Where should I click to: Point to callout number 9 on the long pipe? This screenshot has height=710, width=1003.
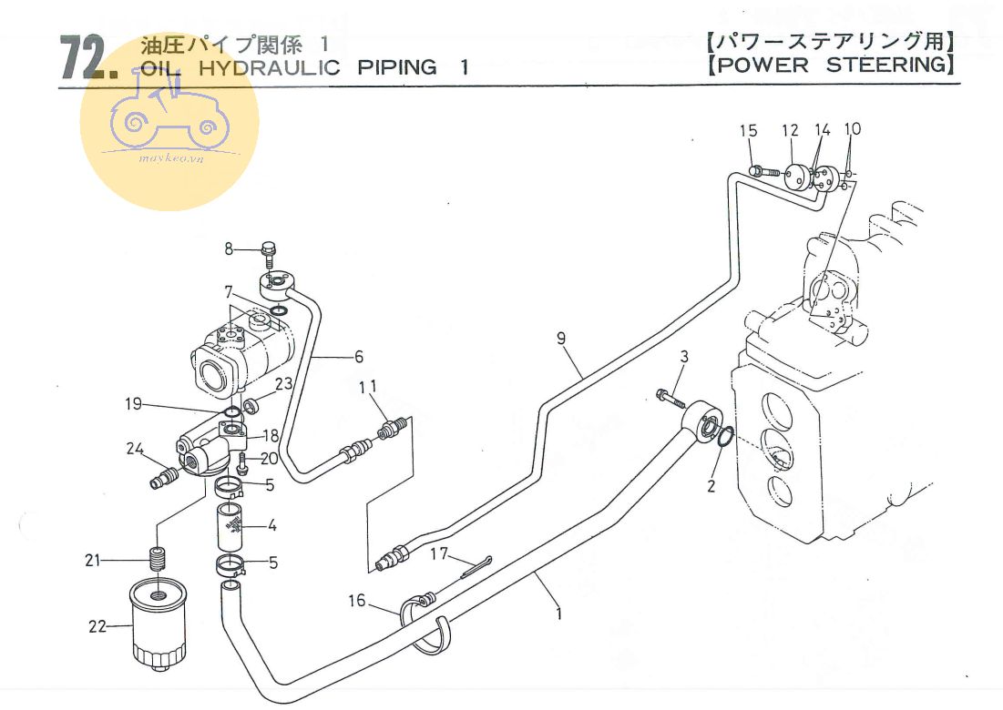562,340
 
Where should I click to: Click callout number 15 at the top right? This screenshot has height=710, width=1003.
748,131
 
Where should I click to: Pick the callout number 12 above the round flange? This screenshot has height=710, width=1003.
789,131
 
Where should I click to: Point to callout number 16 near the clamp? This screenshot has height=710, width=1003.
357,600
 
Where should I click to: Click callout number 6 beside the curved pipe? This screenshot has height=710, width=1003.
359,356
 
